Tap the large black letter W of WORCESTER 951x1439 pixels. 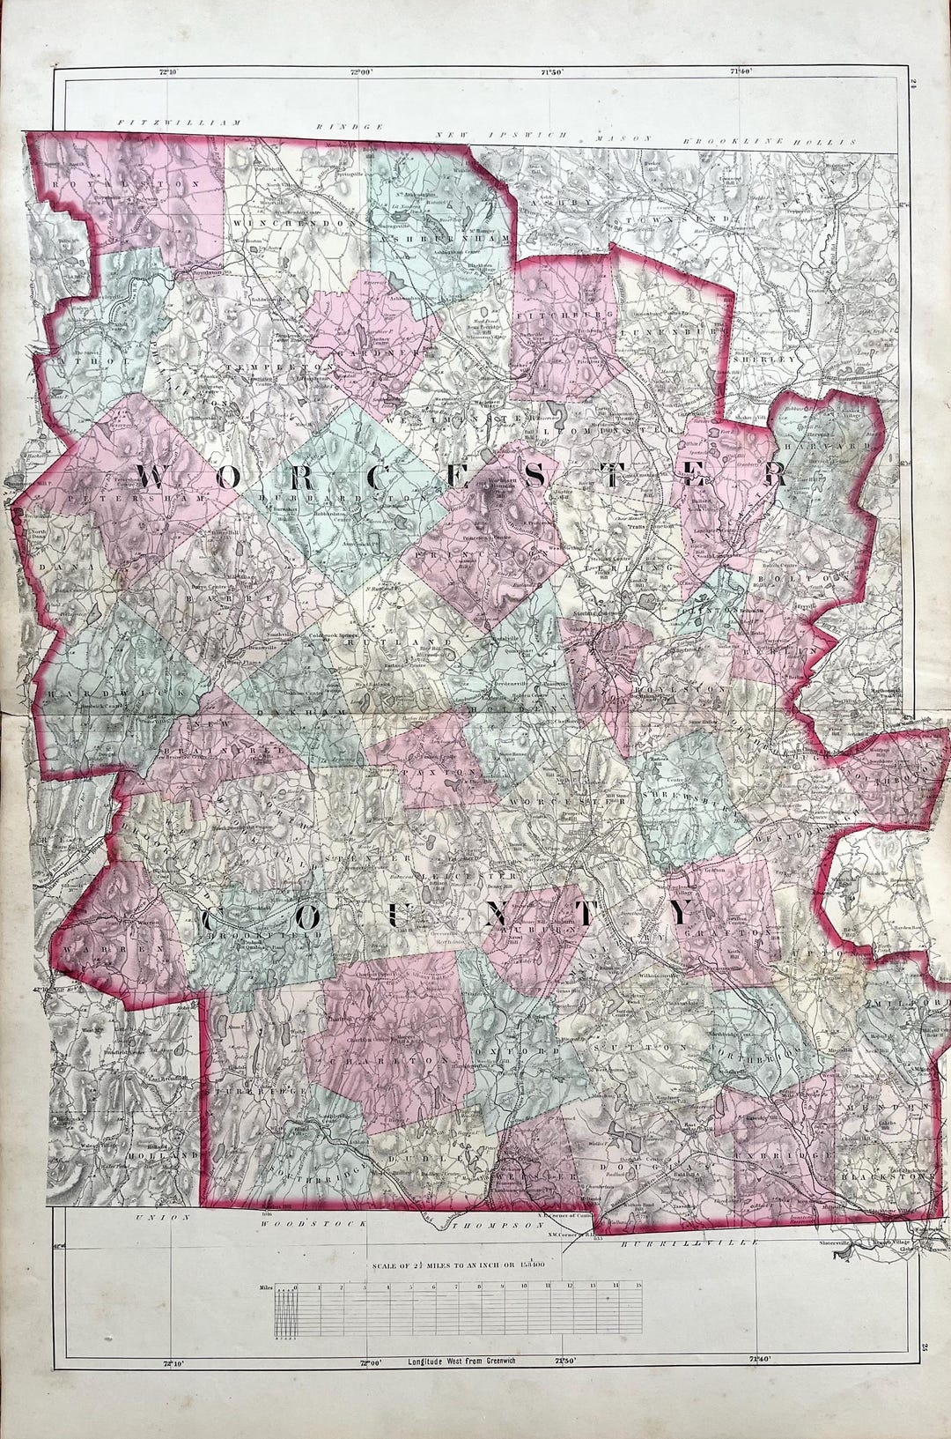pyautogui.click(x=152, y=477)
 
